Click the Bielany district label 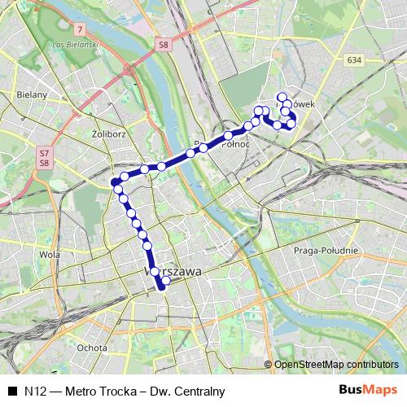pyautogui.click(x=30, y=95)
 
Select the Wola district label pyautogui.click(x=50, y=253)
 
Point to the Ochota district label pyautogui.click(x=92, y=348)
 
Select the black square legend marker pyautogui.click(x=12, y=391)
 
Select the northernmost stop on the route pyautogui.click(x=282, y=97)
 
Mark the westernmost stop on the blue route pyautogui.click(x=114, y=181)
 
